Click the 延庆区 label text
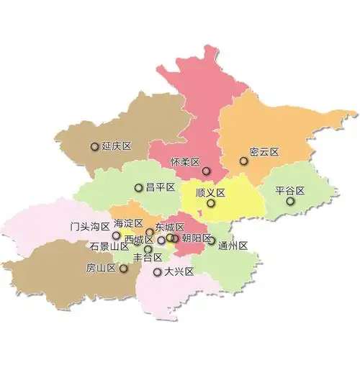coord(117,146)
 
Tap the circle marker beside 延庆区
coord(94,146)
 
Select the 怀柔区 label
coord(184,162)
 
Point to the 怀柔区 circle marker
coord(206,171)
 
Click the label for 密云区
coord(264,152)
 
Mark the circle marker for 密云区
coord(243,161)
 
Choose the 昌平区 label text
coord(161,187)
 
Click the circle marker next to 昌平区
coord(138,188)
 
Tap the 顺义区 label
coord(210,193)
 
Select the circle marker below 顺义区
coord(210,203)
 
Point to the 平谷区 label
coord(290,191)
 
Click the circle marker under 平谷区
coord(290,201)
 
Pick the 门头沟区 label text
coord(89,226)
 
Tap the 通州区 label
coord(233,245)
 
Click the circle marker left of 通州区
coord(212,241)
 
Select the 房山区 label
coord(101,268)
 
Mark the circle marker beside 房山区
coord(123,269)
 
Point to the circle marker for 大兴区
coord(157,272)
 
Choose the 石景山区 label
coord(109,246)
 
